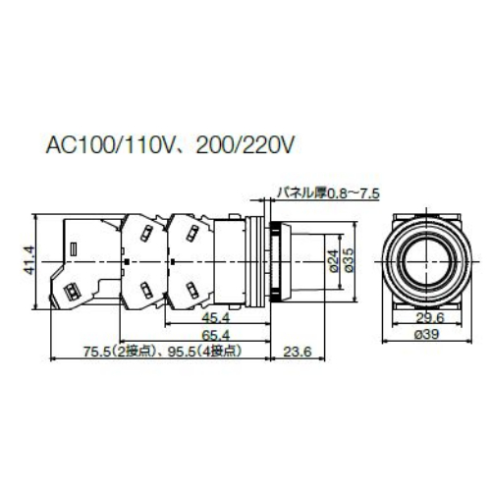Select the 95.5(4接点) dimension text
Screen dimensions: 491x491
point(202,352)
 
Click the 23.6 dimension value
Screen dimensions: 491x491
point(296,352)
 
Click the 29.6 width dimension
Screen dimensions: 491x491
point(424,319)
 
